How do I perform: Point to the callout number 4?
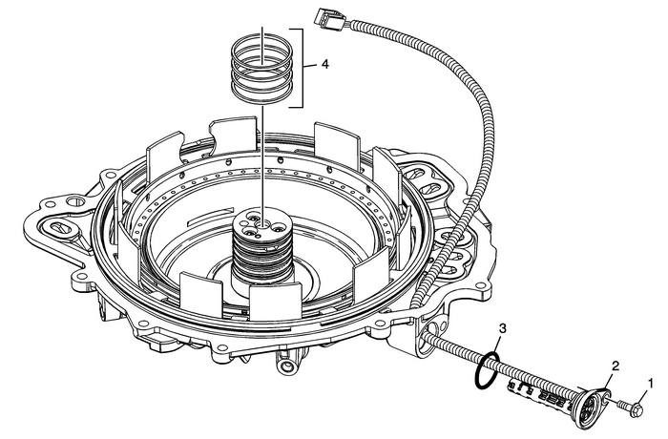[x=326, y=66]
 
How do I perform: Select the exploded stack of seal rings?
[x=261, y=65]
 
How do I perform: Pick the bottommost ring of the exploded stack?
[x=261, y=91]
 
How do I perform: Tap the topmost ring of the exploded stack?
[x=261, y=42]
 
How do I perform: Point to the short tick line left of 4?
[x=311, y=66]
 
